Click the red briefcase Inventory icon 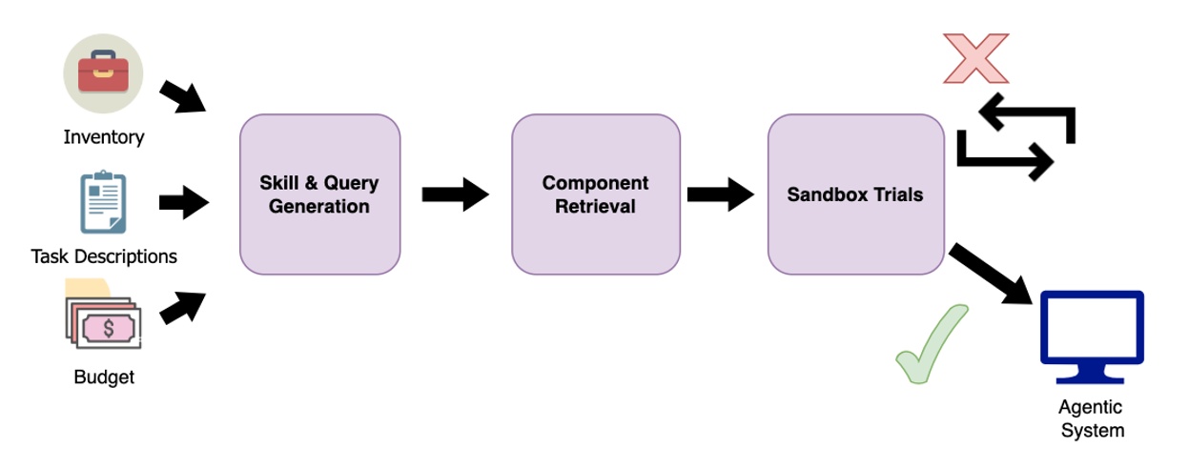pyautogui.click(x=103, y=73)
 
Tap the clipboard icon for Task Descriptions pyautogui.click(x=103, y=202)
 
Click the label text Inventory pyautogui.click(x=104, y=137)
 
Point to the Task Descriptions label pyautogui.click(x=104, y=256)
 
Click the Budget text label pyautogui.click(x=104, y=377)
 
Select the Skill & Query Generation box pyautogui.click(x=319, y=194)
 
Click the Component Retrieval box pyautogui.click(x=595, y=194)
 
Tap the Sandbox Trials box pyautogui.click(x=854, y=194)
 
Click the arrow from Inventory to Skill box pyautogui.click(x=182, y=96)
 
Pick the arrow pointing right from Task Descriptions pyautogui.click(x=183, y=202)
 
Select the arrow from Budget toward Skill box pyautogui.click(x=182, y=308)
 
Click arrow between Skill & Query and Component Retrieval pyautogui.click(x=455, y=194)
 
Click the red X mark pyautogui.click(x=975, y=58)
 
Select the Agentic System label pyautogui.click(x=1093, y=418)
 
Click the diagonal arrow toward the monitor pyautogui.click(x=991, y=274)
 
